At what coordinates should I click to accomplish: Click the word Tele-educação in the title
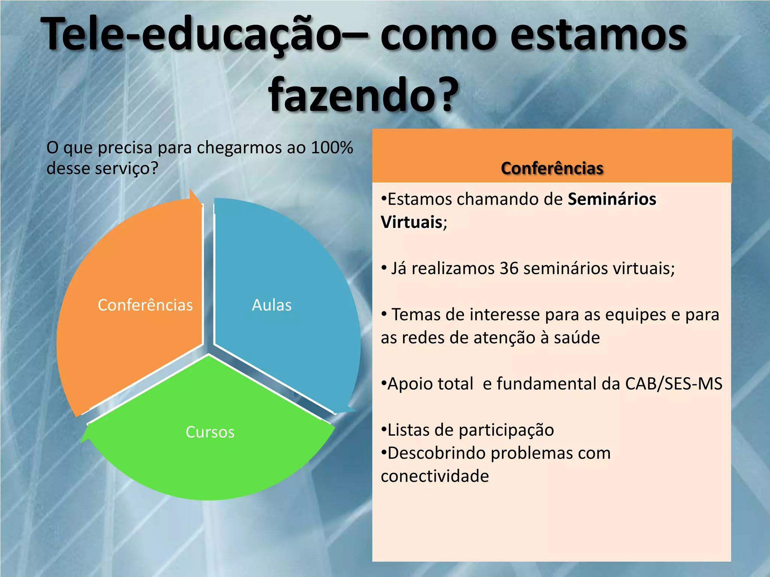pos(192,35)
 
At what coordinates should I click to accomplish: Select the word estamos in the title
pos(598,35)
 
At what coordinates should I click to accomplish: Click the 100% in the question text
pos(332,147)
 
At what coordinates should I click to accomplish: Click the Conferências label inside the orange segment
pos(145,305)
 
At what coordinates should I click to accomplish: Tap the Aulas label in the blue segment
pos(271,305)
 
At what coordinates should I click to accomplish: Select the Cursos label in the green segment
pos(210,432)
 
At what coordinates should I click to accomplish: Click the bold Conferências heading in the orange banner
pos(552,168)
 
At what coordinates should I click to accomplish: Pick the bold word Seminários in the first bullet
pos(612,199)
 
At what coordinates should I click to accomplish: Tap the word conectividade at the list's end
pos(435,476)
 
